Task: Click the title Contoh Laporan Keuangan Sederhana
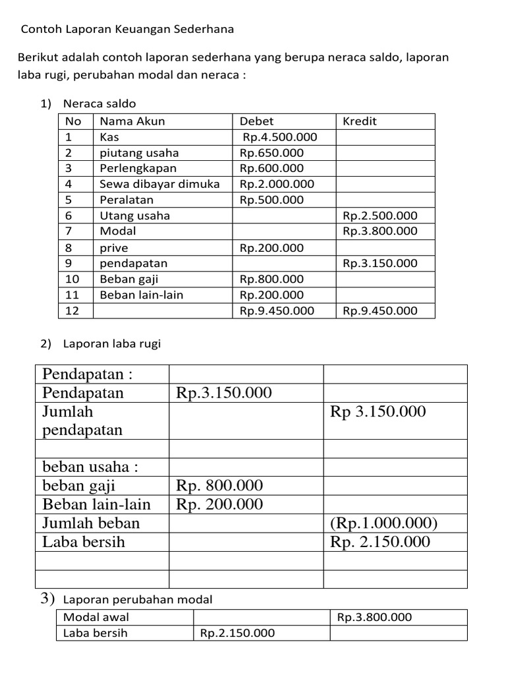[x=128, y=30]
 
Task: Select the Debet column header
[x=256, y=121]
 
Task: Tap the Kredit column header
[x=360, y=121]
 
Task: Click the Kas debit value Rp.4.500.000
[x=279, y=137]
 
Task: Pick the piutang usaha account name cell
[x=139, y=153]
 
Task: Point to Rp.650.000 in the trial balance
[x=271, y=153]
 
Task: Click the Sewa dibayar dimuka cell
[x=159, y=184]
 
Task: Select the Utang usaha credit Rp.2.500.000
[x=380, y=216]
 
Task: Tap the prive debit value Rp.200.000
[x=271, y=248]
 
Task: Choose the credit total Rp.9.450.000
[x=380, y=310]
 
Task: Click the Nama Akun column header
[x=132, y=121]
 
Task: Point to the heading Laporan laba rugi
[x=112, y=343]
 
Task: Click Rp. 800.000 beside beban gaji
[x=219, y=486]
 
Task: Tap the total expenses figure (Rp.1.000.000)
[x=385, y=523]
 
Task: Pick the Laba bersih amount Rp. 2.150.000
[x=380, y=542]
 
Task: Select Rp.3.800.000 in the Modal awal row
[x=374, y=618]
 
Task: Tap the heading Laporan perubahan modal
[x=138, y=599]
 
